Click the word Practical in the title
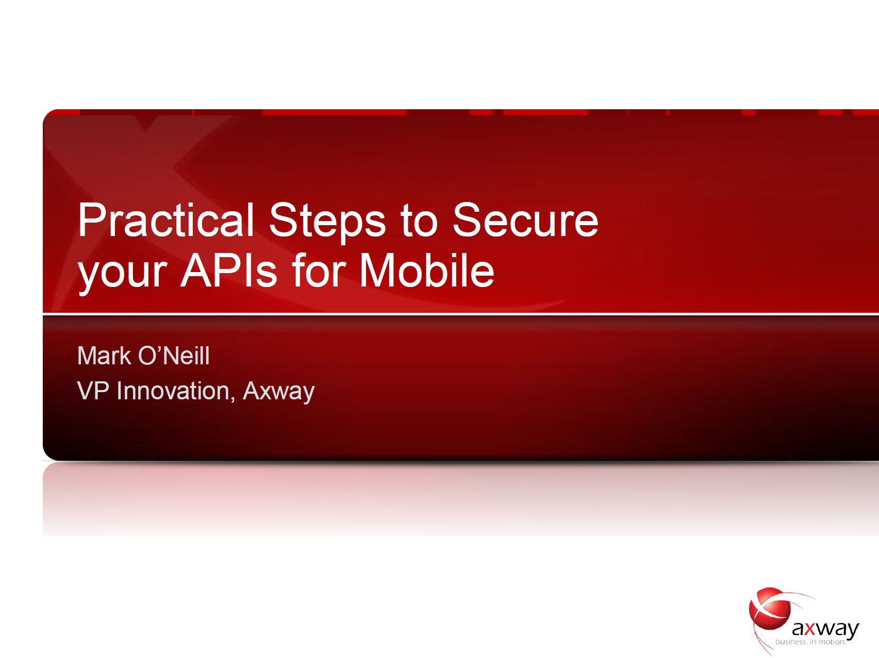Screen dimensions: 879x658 click(165, 220)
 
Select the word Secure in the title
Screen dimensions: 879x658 click(526, 220)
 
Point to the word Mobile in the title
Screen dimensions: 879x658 click(427, 270)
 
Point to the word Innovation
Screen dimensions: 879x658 click(173, 391)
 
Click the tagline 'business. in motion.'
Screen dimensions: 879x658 click(811, 642)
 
